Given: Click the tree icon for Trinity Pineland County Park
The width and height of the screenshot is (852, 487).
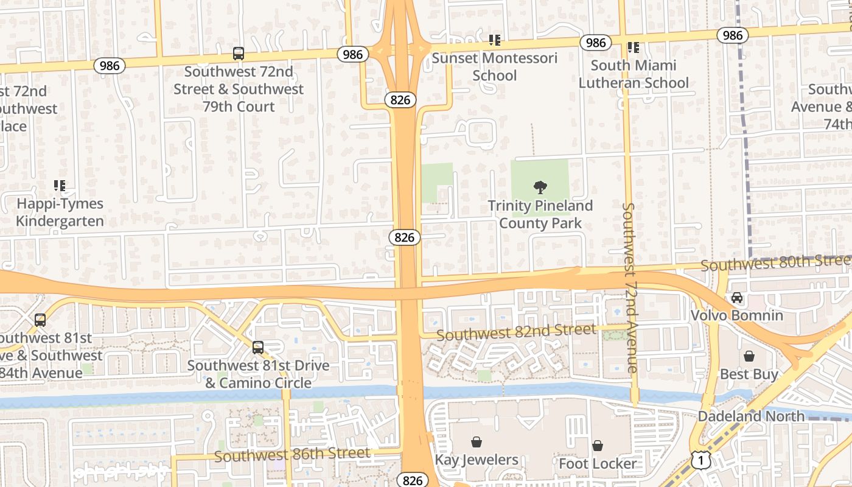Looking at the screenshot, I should [540, 187].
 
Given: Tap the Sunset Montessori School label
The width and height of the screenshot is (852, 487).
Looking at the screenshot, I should [494, 67].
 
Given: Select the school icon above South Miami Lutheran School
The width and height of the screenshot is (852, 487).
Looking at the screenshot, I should [634, 47].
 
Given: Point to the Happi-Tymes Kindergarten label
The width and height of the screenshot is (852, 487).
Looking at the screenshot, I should [60, 212].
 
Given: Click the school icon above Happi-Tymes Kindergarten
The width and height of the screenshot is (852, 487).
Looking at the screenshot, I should [60, 185].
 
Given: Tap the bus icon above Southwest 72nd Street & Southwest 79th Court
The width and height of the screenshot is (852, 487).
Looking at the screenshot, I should [239, 54].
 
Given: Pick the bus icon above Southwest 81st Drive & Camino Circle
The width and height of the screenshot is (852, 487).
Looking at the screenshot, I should [258, 348].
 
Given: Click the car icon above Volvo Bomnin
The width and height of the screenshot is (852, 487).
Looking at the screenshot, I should [737, 298].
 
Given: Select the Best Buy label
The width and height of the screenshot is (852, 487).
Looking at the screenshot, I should [749, 374].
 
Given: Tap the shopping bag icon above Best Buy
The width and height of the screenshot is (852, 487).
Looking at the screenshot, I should [749, 356].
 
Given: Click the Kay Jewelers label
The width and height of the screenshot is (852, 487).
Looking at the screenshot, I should [477, 460].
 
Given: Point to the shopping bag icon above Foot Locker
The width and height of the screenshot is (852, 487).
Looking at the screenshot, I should [598, 446].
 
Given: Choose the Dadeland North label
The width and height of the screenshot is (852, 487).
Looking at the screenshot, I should [751, 416].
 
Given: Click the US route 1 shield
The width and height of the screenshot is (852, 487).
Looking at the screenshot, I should [701, 460].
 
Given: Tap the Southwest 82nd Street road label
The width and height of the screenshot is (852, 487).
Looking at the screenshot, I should [516, 332].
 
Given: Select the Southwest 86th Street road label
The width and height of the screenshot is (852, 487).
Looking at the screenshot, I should [292, 454].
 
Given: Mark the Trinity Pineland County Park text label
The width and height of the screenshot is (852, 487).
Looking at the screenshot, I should [540, 214].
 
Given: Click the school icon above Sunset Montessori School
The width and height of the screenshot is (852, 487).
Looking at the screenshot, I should [495, 40].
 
